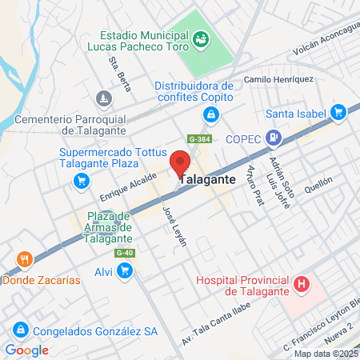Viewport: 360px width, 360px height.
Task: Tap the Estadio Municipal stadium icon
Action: (x=202, y=38)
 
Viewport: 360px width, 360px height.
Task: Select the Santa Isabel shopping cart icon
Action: (x=338, y=112)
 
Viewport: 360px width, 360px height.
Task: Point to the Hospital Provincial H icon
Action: (x=302, y=283)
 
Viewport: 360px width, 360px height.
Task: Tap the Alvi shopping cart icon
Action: (x=124, y=272)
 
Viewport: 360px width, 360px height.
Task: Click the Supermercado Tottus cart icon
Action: (x=81, y=181)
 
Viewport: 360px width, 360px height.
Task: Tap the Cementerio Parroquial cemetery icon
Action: (x=102, y=98)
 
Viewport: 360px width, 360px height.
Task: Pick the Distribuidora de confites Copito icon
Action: (x=210, y=115)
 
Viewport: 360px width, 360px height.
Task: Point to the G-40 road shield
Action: (x=123, y=254)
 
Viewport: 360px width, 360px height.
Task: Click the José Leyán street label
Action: (x=174, y=225)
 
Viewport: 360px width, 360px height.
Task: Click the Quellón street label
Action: (x=317, y=181)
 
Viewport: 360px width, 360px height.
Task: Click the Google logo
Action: (x=26, y=350)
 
